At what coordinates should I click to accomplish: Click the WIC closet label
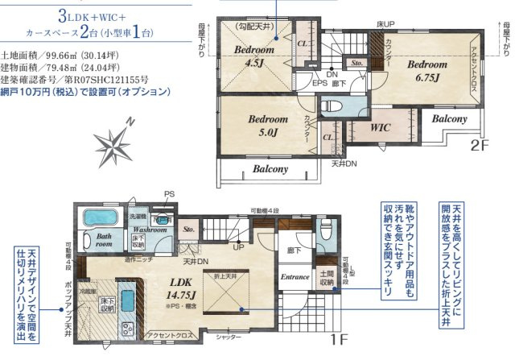(381, 127)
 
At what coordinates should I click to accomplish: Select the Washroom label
(150, 230)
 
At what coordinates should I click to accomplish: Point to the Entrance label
(295, 277)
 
